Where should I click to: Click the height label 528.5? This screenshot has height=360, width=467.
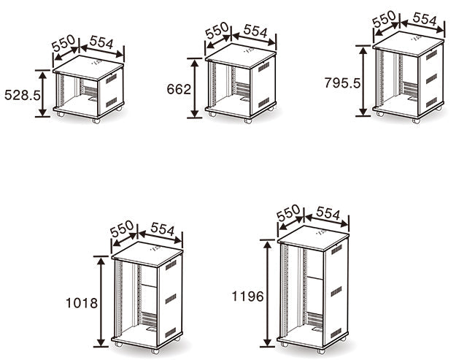[x=23, y=96]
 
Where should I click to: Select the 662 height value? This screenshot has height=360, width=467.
[x=179, y=89]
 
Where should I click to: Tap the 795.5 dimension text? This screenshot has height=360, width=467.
[x=342, y=83]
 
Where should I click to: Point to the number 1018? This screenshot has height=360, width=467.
[x=82, y=303]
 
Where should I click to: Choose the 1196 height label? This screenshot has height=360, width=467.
[x=248, y=296]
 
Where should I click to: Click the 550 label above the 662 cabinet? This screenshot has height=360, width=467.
[x=217, y=31]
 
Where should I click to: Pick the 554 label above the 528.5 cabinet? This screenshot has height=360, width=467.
[x=101, y=42]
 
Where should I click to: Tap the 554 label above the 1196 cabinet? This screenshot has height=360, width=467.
[x=328, y=212]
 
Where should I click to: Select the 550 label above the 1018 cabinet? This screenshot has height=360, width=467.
[x=122, y=229]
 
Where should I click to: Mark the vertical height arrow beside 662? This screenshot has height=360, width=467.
[x=195, y=88]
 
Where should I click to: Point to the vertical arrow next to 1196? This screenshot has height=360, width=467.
[x=268, y=294]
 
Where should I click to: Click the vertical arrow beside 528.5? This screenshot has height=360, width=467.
[x=43, y=93]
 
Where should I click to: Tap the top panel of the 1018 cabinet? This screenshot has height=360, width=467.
[x=147, y=254]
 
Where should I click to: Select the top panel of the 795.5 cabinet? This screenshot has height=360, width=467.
[x=409, y=44]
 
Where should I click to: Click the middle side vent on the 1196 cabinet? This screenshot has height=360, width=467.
[x=336, y=291]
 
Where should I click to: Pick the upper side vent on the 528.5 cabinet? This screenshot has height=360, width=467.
[x=112, y=79]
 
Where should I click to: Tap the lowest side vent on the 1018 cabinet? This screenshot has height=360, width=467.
[x=171, y=332]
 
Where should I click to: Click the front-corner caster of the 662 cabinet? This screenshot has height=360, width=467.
[x=248, y=120]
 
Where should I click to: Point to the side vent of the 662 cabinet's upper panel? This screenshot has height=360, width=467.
[x=263, y=67]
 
